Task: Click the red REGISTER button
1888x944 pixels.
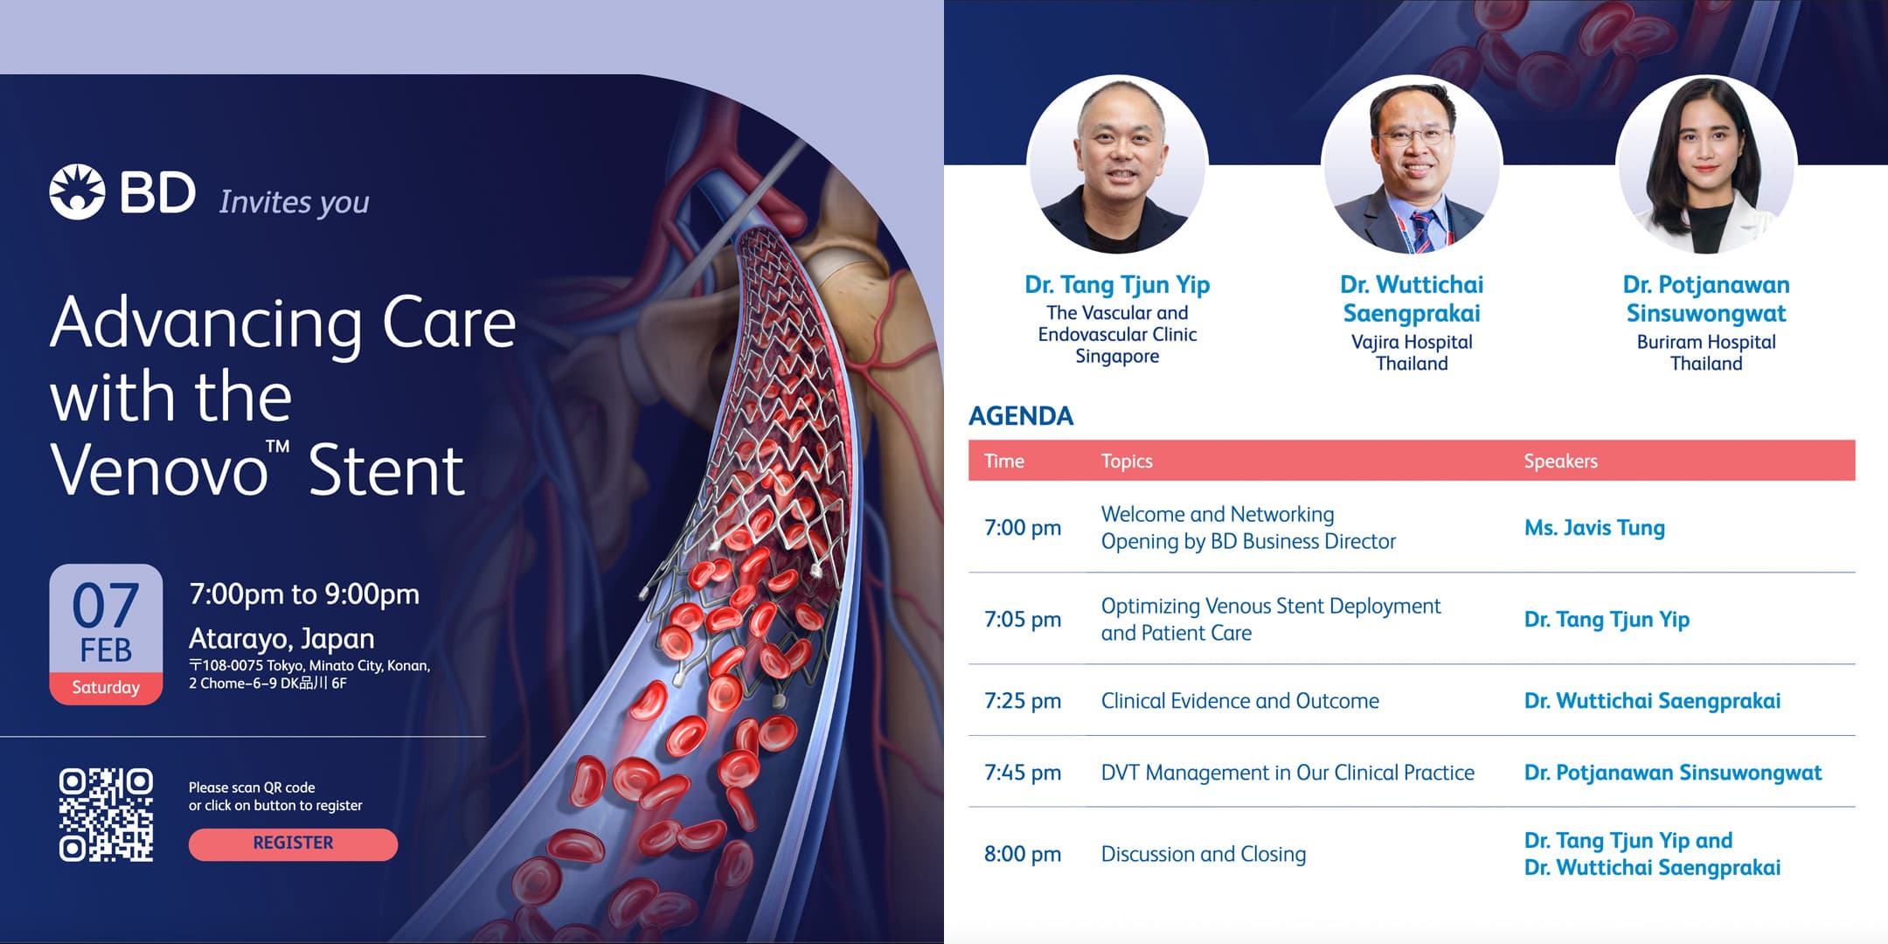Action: (x=293, y=843)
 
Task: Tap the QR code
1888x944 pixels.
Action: (x=106, y=815)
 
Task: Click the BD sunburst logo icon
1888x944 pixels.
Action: (x=77, y=191)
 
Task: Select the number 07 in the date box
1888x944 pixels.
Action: (x=106, y=606)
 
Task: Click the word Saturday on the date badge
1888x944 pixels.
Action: (x=106, y=687)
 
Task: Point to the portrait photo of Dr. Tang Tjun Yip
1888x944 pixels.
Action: (x=1117, y=164)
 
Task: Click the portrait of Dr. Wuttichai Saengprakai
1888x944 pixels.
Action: (x=1412, y=164)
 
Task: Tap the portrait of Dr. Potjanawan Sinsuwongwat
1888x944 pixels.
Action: (x=1706, y=164)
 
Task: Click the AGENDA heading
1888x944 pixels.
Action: (x=1020, y=416)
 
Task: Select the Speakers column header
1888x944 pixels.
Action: (x=1560, y=461)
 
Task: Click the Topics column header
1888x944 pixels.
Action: (x=1126, y=461)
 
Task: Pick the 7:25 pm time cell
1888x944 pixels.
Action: (x=1022, y=701)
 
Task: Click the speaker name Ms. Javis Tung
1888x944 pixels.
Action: (x=1594, y=528)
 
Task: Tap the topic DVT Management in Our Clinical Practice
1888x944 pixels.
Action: (x=1287, y=773)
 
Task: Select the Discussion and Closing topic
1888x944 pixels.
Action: (x=1203, y=854)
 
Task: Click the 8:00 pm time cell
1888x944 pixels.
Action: (x=1022, y=854)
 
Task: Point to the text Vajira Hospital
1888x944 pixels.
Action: (x=1412, y=342)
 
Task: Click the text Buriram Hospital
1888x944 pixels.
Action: (x=1706, y=342)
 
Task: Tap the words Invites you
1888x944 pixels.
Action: (x=294, y=202)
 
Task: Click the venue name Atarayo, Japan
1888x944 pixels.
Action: (x=281, y=638)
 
